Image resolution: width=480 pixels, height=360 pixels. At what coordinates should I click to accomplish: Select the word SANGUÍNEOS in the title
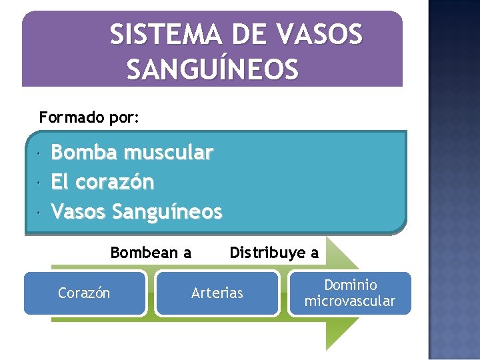click(213, 68)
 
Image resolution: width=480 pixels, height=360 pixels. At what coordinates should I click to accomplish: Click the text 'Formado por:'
click(89, 118)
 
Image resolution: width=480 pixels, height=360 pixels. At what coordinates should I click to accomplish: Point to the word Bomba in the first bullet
click(84, 153)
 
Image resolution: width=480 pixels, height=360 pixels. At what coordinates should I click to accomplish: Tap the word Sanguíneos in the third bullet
click(167, 211)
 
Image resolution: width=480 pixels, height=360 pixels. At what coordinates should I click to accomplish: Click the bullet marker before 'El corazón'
click(40, 182)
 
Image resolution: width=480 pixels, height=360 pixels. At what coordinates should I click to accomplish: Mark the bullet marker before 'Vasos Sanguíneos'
click(40, 212)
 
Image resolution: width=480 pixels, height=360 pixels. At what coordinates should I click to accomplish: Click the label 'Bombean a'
click(151, 253)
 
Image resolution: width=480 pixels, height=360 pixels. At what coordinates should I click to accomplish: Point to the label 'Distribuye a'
click(274, 253)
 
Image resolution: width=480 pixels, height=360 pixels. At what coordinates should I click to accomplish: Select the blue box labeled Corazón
click(85, 293)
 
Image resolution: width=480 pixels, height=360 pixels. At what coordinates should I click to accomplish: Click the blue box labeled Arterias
click(217, 293)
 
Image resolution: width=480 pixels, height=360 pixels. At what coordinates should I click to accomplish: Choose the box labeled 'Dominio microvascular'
click(350, 293)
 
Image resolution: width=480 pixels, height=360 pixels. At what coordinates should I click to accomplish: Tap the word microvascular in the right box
click(350, 301)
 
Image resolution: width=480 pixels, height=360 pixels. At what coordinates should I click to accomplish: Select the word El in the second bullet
click(61, 181)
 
